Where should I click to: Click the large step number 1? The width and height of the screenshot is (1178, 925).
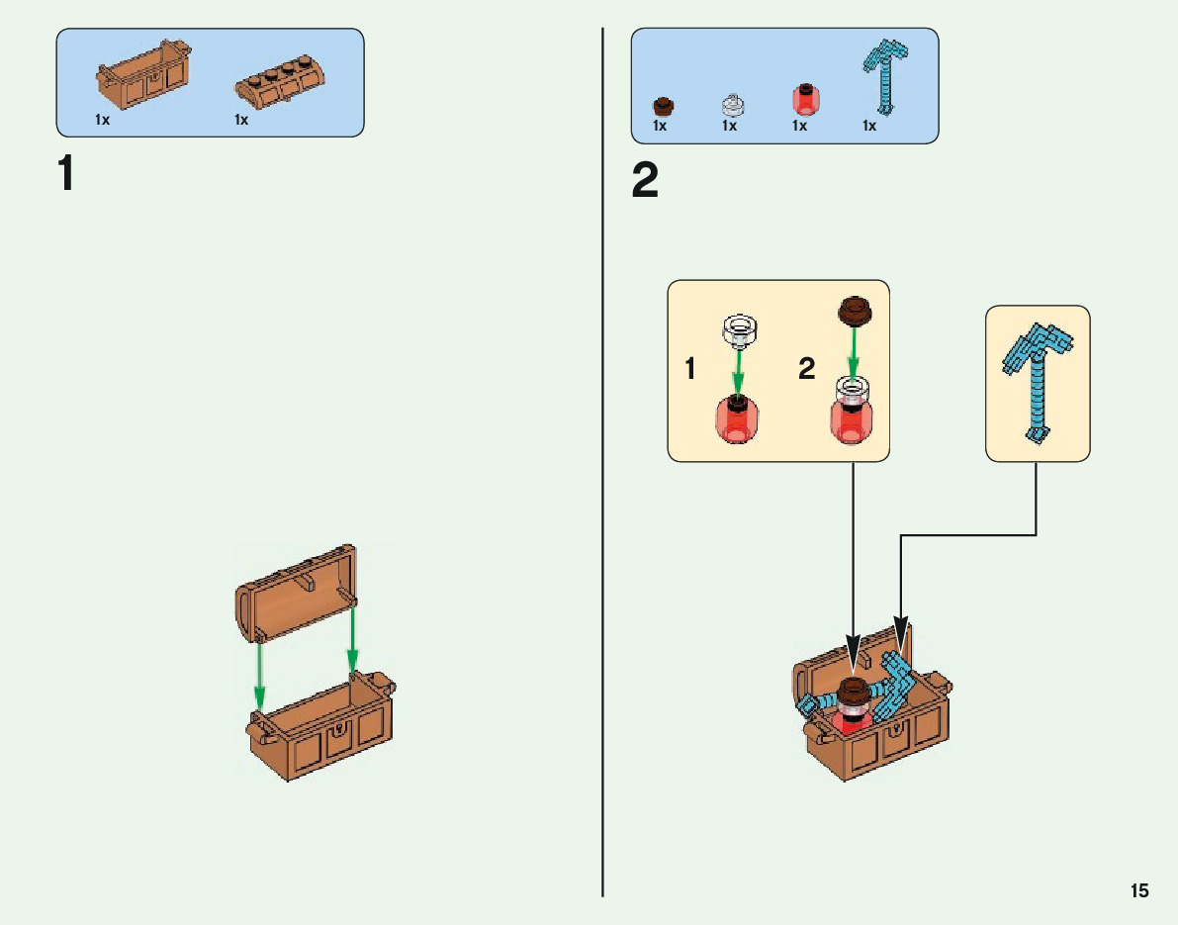pyautogui.click(x=65, y=174)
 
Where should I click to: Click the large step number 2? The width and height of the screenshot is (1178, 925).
pyautogui.click(x=645, y=181)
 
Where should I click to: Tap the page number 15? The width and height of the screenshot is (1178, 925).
pyautogui.click(x=1139, y=890)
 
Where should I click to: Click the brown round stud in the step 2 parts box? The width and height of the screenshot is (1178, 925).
pyautogui.click(x=662, y=105)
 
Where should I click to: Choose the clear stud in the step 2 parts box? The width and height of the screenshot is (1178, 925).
pyautogui.click(x=732, y=103)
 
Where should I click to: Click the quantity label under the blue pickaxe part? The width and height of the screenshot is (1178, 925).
pyautogui.click(x=869, y=126)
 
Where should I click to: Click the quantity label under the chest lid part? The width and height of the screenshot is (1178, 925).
pyautogui.click(x=241, y=120)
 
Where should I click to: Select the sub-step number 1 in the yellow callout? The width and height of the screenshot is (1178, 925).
pyautogui.click(x=690, y=370)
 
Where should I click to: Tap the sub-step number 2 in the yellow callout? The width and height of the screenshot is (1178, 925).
pyautogui.click(x=807, y=370)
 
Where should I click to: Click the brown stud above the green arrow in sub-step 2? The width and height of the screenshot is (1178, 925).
pyautogui.click(x=854, y=311)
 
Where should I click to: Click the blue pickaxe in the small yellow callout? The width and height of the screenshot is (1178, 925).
pyautogui.click(x=1037, y=381)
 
